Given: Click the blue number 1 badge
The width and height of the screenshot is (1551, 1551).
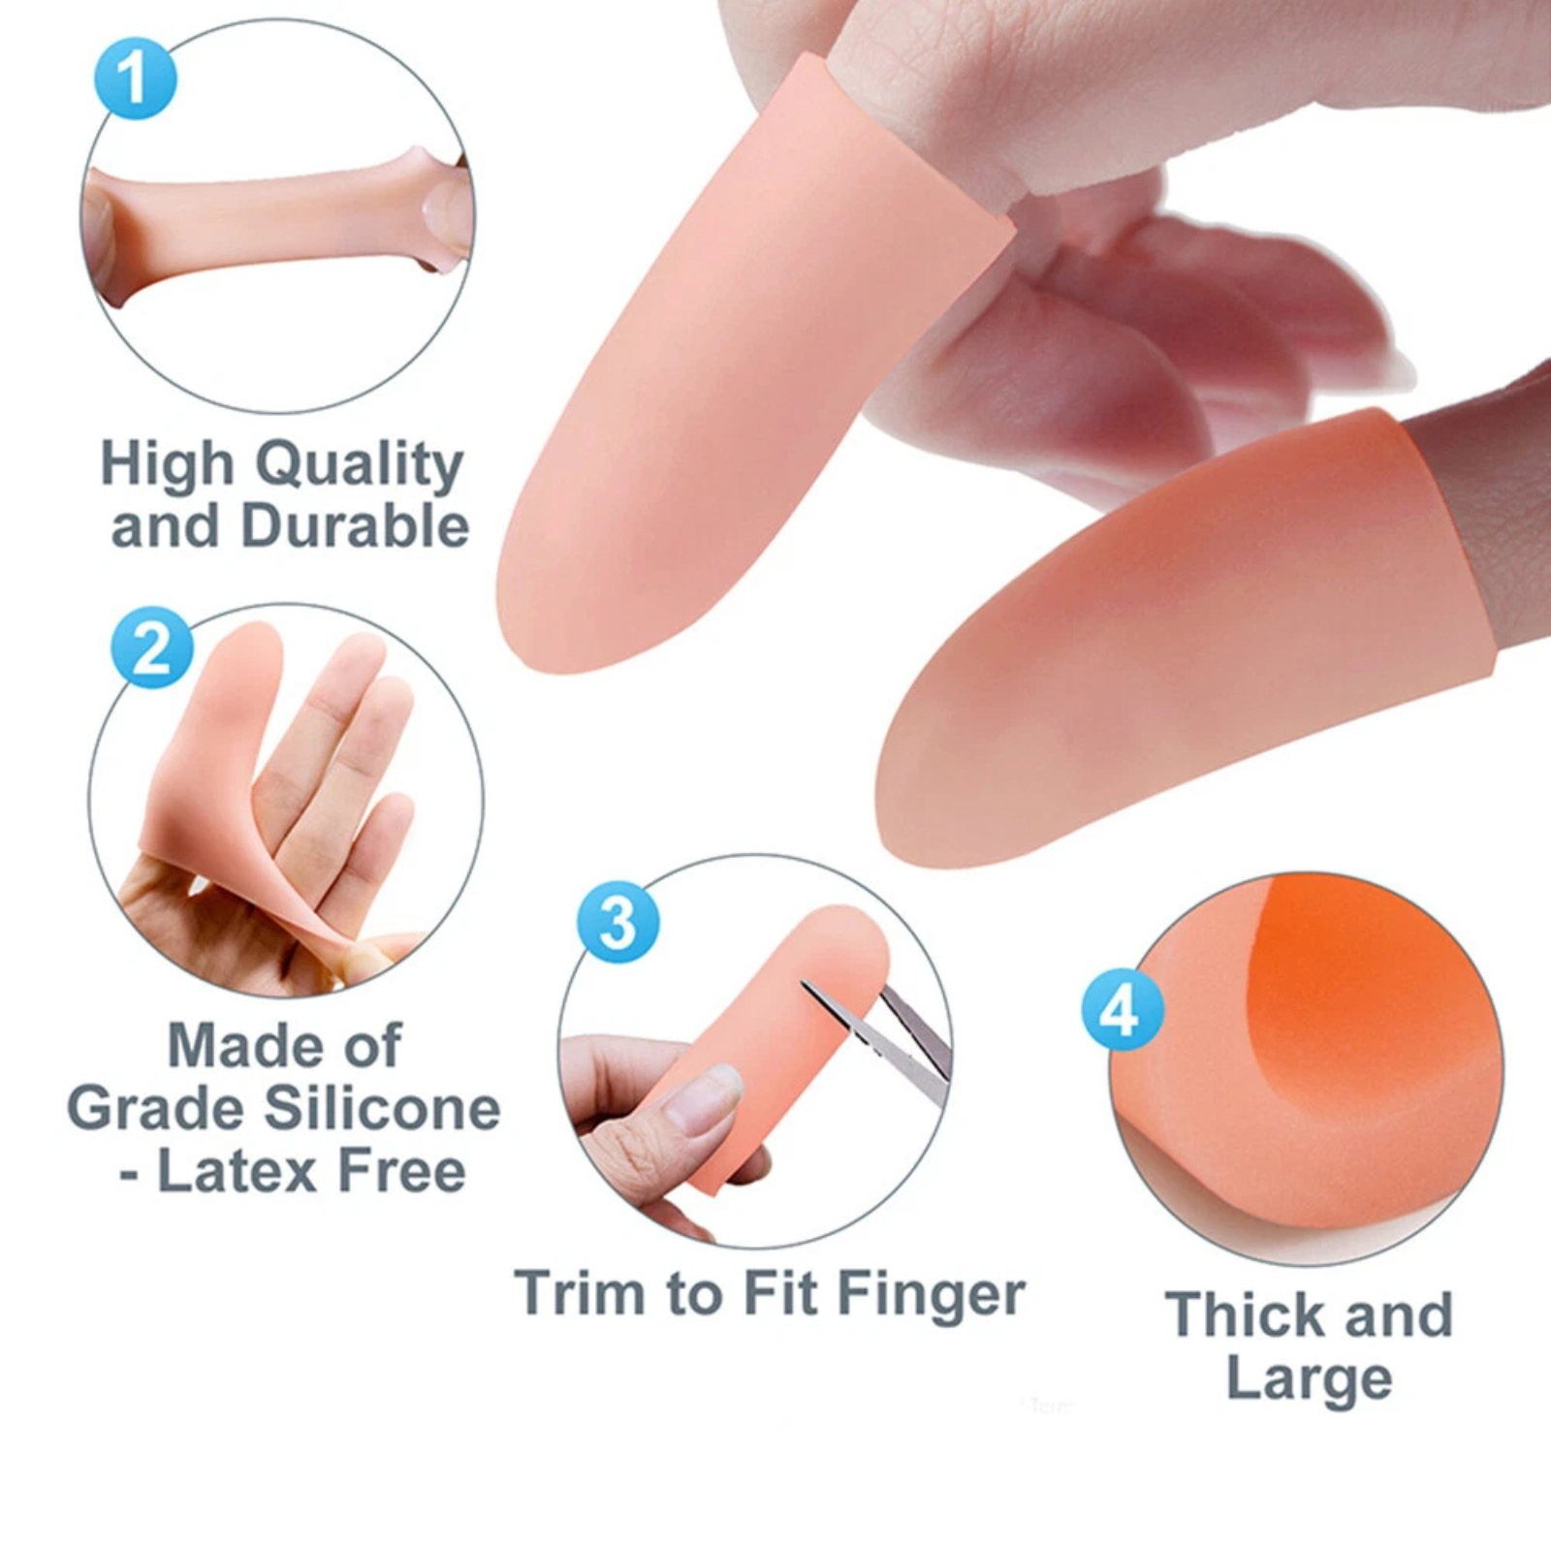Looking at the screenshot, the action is coord(136,79).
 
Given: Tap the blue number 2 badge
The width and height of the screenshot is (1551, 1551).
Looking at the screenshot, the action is coord(152,648).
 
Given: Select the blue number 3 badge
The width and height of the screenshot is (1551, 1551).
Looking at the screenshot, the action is coord(618,922).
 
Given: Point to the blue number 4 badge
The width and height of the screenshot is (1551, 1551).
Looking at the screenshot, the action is coord(1123,1010).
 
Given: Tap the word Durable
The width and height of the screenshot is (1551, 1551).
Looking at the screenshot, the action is coord(355,526).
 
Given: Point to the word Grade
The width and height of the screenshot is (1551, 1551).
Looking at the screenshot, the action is coord(155,1109).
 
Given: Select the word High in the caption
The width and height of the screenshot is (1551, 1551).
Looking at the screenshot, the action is coord(168,465).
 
